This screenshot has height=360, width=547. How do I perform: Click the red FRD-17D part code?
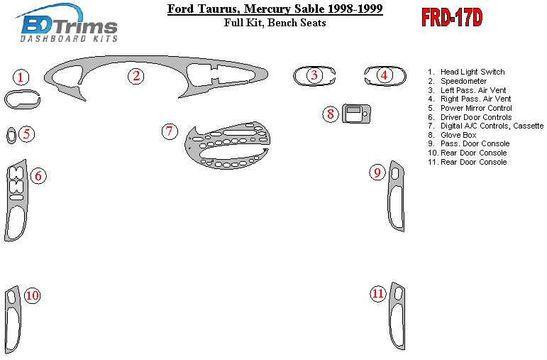click(452, 18)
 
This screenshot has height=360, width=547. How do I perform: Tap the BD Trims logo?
click(66, 23)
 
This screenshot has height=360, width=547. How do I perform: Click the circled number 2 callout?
click(136, 76)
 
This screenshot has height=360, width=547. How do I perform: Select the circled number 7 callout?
click(170, 131)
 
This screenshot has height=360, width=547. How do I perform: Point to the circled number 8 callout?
click(330, 114)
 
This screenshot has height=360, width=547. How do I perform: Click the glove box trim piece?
click(356, 114)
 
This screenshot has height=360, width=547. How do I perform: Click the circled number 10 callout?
click(32, 295)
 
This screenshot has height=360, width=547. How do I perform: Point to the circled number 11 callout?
click(378, 293)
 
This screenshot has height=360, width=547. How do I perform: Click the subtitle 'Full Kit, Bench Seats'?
click(275, 23)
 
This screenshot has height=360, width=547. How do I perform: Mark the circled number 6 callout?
click(38, 175)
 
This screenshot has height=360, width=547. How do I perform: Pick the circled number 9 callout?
click(377, 172)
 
